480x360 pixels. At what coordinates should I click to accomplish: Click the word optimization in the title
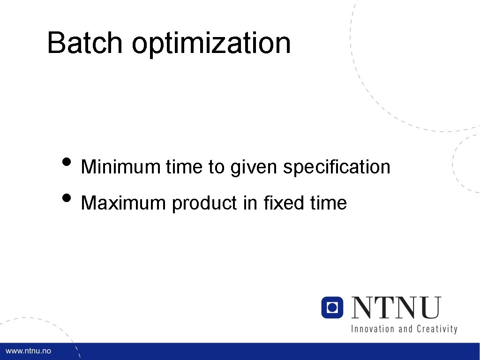point(211,43)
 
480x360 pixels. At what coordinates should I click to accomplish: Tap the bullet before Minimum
point(67,162)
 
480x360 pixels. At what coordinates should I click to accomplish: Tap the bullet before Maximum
point(67,199)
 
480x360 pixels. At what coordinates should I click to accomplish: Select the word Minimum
point(120,167)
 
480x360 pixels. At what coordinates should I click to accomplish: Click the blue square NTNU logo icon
point(332,307)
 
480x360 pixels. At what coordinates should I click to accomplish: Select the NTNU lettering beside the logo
point(397,307)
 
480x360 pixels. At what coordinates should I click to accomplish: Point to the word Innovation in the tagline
point(373,329)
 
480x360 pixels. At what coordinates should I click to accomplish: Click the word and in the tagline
point(405,329)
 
